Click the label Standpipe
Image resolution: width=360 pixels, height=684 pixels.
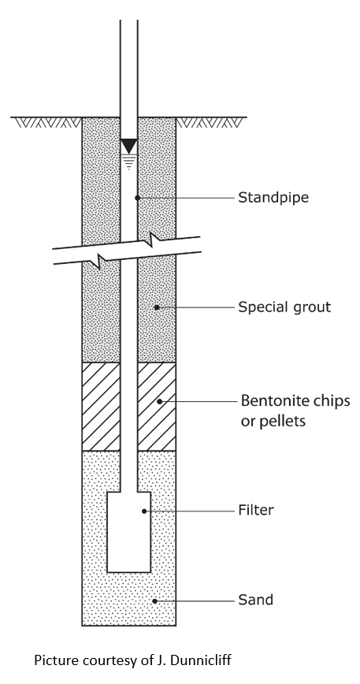tap(273, 197)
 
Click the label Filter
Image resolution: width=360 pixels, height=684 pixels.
tap(256, 511)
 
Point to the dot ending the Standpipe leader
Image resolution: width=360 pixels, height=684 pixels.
tap(138, 197)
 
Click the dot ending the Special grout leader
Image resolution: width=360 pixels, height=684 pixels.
tap(156, 306)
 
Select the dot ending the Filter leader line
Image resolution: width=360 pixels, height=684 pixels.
tap(143, 511)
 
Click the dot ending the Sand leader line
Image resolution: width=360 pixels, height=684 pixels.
tap(154, 600)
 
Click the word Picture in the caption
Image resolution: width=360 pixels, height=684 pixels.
tap(54, 658)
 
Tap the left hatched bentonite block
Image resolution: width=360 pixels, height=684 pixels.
tap(101, 406)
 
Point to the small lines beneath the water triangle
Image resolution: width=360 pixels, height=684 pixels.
tap(128, 160)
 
